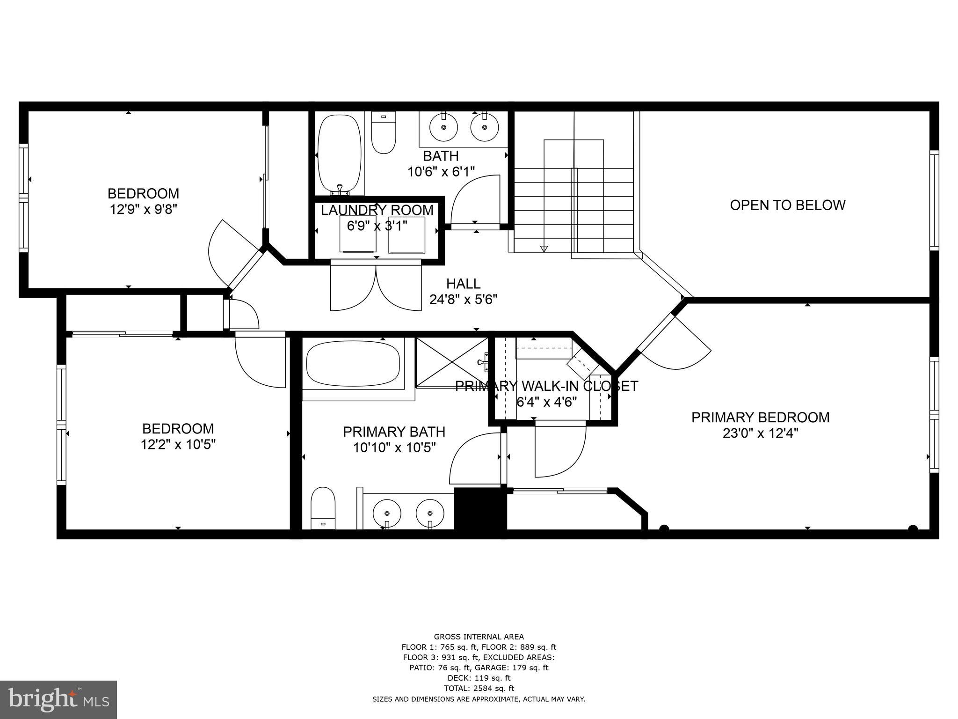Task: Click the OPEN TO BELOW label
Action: point(787,205)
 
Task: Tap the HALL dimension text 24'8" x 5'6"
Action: point(463,300)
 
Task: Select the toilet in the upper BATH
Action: point(384,133)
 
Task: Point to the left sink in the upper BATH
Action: point(443,127)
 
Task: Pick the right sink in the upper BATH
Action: point(484,127)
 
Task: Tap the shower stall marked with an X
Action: point(452,363)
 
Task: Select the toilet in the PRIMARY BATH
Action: point(323,508)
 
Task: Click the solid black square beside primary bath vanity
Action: point(480,509)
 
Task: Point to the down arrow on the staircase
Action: point(544,249)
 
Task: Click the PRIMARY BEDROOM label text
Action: point(760,418)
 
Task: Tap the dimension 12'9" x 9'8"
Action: point(144,209)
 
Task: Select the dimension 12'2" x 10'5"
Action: point(178,444)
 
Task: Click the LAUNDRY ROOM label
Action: point(377,210)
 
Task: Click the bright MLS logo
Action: point(58,700)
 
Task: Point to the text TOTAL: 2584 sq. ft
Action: point(479,688)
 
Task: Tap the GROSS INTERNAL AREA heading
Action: point(479,637)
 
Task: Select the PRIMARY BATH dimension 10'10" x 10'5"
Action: point(394,448)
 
